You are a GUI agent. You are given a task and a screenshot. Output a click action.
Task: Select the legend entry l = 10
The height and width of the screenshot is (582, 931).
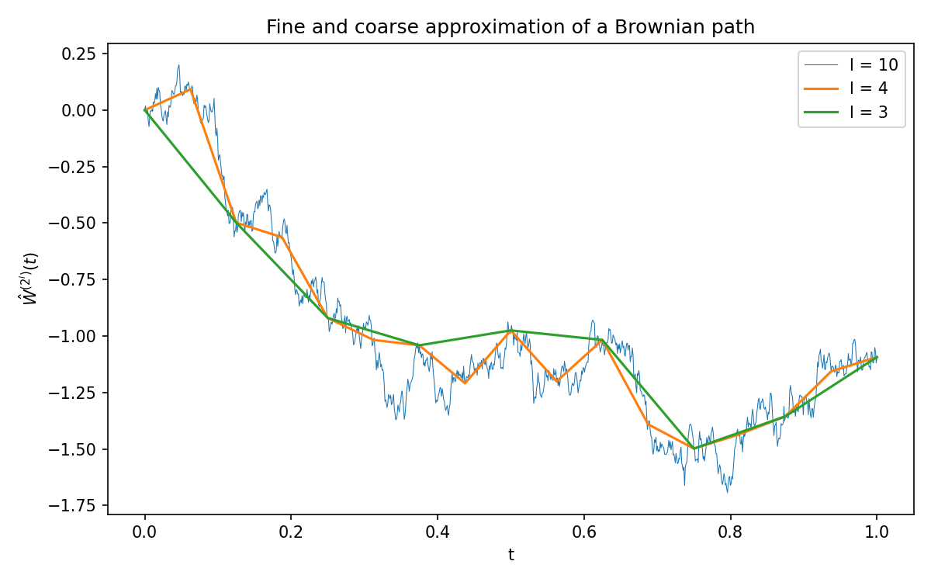[x=851, y=65]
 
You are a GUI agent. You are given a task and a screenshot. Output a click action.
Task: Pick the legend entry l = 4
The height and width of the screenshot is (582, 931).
[x=846, y=88]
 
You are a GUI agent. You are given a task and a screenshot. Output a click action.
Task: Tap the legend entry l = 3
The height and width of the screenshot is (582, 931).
[x=846, y=112]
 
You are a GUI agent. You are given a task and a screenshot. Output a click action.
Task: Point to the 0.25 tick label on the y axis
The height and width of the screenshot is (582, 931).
[x=78, y=54]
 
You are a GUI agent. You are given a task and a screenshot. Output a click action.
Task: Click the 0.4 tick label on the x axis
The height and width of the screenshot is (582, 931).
[x=438, y=532]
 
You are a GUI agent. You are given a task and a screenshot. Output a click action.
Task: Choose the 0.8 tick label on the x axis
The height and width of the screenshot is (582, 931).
[x=730, y=532]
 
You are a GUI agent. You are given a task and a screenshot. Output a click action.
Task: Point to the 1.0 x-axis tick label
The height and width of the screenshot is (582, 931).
[x=877, y=532]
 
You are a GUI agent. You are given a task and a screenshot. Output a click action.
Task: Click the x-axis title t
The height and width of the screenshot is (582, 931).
[x=510, y=555]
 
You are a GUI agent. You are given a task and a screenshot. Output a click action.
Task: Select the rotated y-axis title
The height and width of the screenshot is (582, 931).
[x=30, y=279]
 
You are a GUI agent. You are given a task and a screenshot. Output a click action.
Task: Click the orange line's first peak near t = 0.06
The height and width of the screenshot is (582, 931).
[x=190, y=88]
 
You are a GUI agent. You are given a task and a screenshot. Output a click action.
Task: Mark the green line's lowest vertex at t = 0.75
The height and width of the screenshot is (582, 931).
[x=694, y=449]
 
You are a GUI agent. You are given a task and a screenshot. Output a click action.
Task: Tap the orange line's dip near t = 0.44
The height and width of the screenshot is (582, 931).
[x=465, y=383]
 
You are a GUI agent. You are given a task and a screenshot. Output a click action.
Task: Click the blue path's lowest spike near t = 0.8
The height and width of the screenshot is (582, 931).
[x=728, y=492]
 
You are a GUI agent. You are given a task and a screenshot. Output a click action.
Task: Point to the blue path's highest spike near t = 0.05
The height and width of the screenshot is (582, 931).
[x=178, y=65]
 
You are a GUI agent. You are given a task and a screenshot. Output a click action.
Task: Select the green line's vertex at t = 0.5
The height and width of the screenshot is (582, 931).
[x=510, y=331]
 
